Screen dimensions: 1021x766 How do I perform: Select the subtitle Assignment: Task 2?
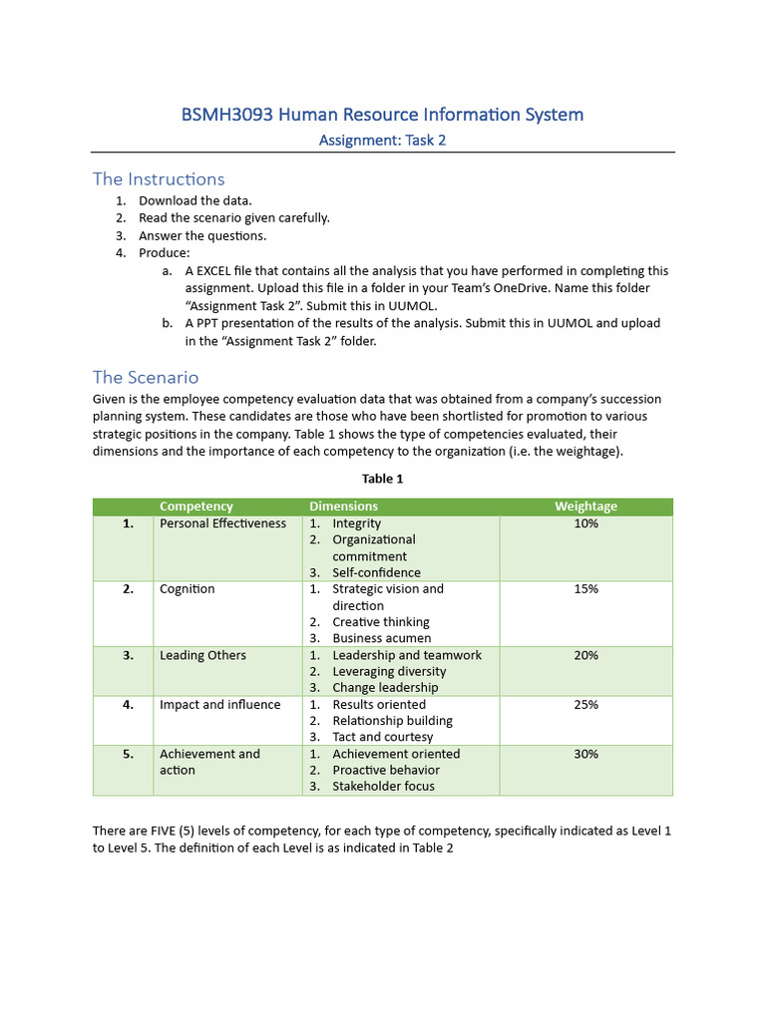point(382,141)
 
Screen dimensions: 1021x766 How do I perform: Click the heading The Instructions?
point(159,179)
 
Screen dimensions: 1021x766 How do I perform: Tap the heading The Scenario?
point(146,378)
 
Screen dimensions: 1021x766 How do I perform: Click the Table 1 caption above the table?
point(382,479)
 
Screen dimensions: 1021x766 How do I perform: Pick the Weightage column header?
point(585,507)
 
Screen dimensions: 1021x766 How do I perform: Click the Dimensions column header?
point(343,507)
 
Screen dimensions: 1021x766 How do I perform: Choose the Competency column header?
point(196,507)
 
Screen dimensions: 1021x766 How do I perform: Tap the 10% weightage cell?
point(585,523)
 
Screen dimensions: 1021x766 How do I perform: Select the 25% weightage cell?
point(585,705)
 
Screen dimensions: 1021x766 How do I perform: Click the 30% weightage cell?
point(585,755)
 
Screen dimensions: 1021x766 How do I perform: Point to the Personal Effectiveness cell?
point(222,523)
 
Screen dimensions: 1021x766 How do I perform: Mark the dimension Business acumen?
point(382,638)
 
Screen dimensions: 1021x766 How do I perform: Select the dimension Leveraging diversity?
point(389,672)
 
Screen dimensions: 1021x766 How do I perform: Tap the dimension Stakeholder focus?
point(383,787)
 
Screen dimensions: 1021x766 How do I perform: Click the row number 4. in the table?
point(128,705)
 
